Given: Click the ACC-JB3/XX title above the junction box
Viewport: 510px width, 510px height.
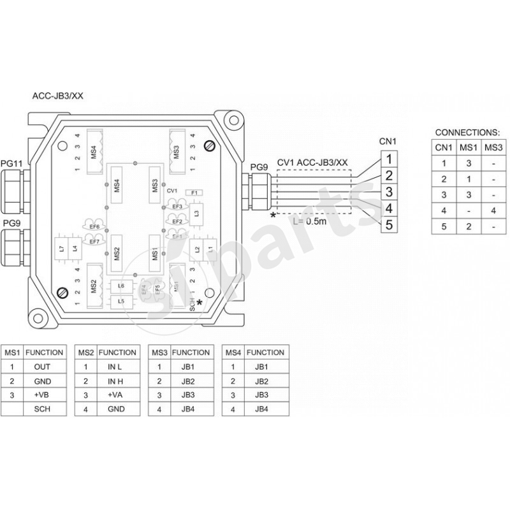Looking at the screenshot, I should click(x=58, y=96).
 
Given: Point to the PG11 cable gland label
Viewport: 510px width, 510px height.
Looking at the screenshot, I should click(x=12, y=164).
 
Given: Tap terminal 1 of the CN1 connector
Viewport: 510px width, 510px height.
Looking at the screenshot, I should click(x=389, y=157).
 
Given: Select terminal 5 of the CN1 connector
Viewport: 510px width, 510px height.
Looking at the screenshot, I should click(x=389, y=224).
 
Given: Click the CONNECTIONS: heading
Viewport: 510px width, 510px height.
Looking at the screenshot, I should click(x=467, y=133).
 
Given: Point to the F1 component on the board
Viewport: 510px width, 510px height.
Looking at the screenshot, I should click(x=194, y=192).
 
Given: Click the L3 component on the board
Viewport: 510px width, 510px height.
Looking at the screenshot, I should click(x=197, y=214).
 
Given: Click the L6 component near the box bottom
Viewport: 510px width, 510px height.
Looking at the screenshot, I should click(x=121, y=286).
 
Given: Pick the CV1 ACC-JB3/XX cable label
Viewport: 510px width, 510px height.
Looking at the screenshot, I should click(x=312, y=162).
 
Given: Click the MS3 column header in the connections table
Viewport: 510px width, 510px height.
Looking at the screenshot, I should click(x=492, y=148).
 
